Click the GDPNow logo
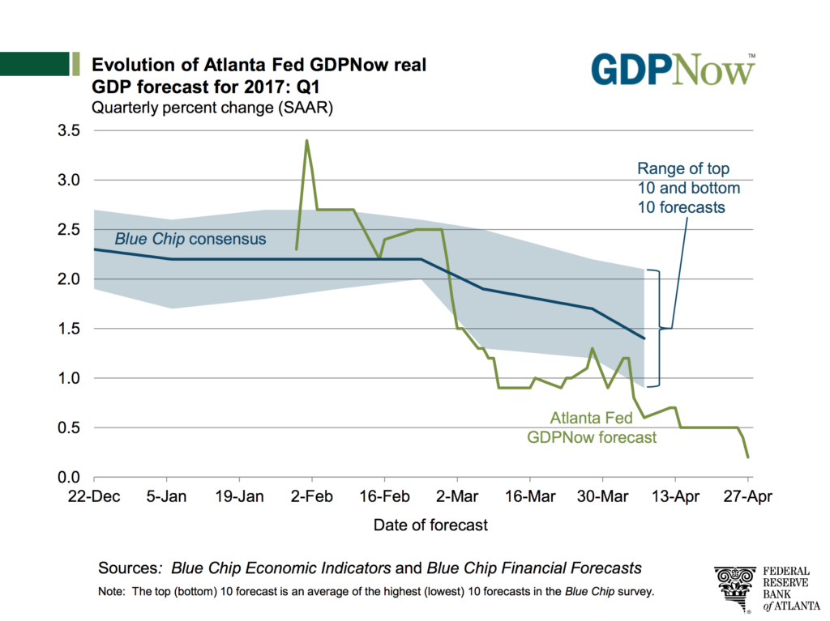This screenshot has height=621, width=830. pos(673,70)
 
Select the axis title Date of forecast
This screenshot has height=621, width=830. pos(430,525)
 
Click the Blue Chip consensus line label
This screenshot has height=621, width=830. pos(190,239)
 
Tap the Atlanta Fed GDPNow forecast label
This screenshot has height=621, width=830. pos(592,428)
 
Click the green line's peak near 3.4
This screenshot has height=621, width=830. pos(306,141)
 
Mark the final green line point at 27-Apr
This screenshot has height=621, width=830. pos(747,457)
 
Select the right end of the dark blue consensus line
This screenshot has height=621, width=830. pos(644,338)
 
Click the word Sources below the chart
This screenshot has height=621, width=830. pos(128,567)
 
